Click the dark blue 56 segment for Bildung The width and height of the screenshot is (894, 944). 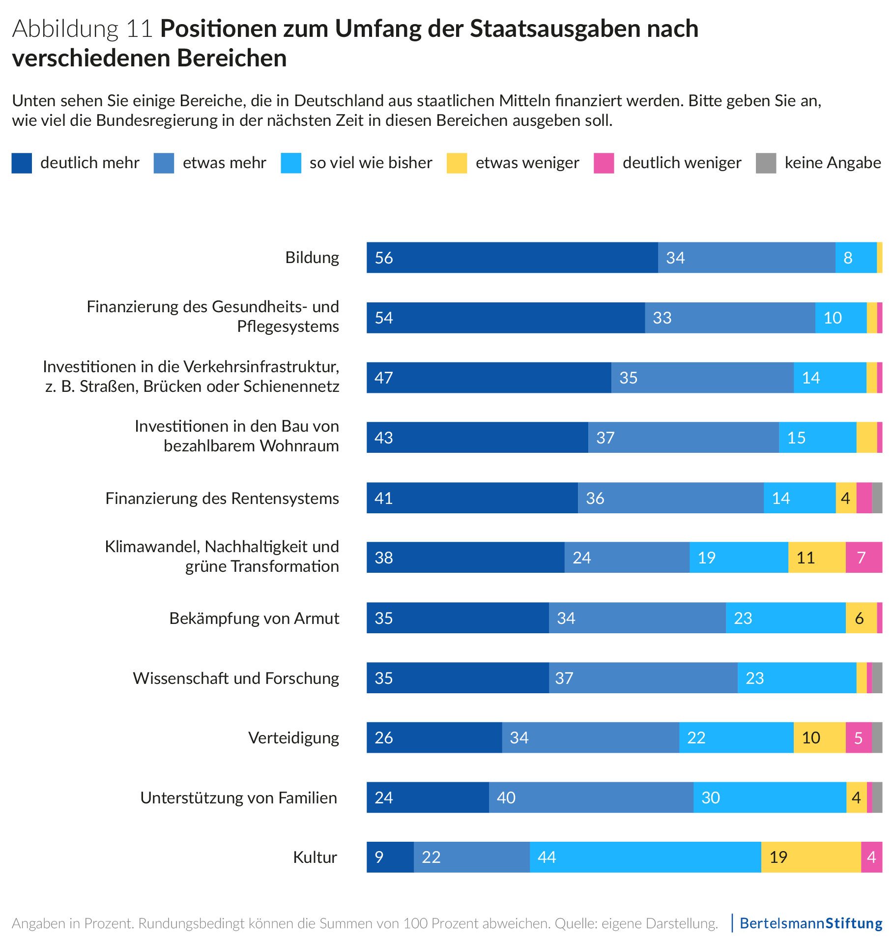pyautogui.click(x=512, y=258)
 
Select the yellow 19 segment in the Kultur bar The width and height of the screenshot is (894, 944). pyautogui.click(x=810, y=857)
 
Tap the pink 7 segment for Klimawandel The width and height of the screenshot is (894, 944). pyautogui.click(x=864, y=558)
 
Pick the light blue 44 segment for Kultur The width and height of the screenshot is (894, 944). pyautogui.click(x=645, y=857)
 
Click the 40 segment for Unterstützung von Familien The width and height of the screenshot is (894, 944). pyautogui.click(x=591, y=797)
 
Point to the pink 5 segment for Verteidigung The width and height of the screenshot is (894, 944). pyautogui.click(x=858, y=737)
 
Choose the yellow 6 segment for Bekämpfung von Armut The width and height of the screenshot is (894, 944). pyautogui.click(x=861, y=618)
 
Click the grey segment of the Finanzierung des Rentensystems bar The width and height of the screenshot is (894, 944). pyautogui.click(x=877, y=498)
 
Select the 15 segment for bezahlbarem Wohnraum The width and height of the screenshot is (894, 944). pyautogui.click(x=817, y=438)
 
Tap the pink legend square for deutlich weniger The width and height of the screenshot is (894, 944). pyautogui.click(x=604, y=163)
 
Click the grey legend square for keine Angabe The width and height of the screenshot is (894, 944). pyautogui.click(x=766, y=163)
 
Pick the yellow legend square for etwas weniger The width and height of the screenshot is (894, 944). pyautogui.click(x=457, y=163)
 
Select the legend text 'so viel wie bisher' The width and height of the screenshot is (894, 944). pyautogui.click(x=371, y=163)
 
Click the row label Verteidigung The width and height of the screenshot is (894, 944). pyautogui.click(x=293, y=737)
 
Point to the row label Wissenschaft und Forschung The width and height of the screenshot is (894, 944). pyautogui.click(x=236, y=678)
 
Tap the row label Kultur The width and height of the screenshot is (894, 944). pyautogui.click(x=315, y=857)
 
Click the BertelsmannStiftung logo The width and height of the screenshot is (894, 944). pyautogui.click(x=811, y=923)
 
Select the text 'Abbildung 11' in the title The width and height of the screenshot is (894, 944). pyautogui.click(x=83, y=29)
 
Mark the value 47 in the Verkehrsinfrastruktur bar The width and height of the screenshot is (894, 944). pyautogui.click(x=383, y=378)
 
